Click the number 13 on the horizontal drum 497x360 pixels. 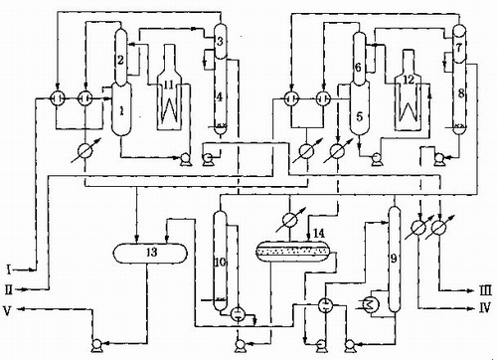(x=151, y=253)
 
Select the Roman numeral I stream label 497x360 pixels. (x=9, y=270)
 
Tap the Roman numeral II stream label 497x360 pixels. (x=9, y=290)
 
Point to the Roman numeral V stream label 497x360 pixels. (x=8, y=310)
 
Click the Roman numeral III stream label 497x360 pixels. (x=485, y=291)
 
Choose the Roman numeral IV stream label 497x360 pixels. (x=485, y=309)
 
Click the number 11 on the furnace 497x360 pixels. (x=169, y=85)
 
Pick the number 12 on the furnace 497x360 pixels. (x=409, y=80)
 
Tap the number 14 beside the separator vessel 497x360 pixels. (x=319, y=234)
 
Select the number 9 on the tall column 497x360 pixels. (x=394, y=259)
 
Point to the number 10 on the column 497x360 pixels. (x=220, y=263)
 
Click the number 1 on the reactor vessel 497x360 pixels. (x=121, y=111)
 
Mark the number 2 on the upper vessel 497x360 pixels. (x=120, y=60)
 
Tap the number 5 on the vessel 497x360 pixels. (x=360, y=116)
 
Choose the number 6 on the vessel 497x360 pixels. (x=358, y=68)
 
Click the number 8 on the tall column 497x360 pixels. (x=461, y=93)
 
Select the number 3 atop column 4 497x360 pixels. (x=220, y=42)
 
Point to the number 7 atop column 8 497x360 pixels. (x=459, y=48)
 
